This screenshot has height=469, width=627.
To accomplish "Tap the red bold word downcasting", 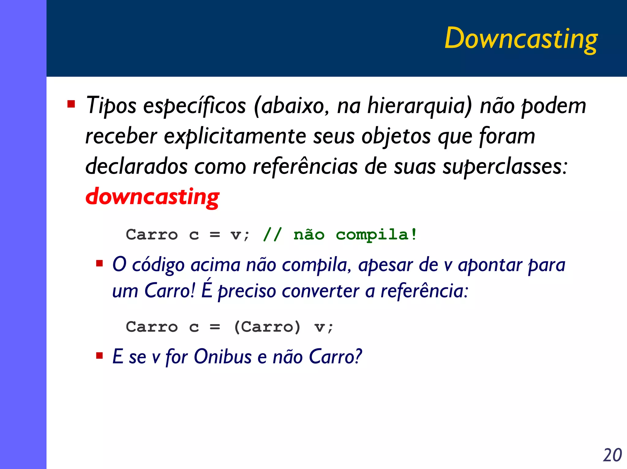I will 152,197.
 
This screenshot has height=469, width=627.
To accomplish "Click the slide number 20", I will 612,455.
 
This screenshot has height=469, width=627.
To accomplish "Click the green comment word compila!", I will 376,235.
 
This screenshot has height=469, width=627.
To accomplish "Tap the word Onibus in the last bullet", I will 223,357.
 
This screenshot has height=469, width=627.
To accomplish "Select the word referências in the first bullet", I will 305,167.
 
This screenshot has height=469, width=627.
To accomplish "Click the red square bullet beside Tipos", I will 71,104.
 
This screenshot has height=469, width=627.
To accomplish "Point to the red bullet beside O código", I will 99,263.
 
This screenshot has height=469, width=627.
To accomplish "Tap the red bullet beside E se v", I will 99,356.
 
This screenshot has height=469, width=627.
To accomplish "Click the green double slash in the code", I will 272,235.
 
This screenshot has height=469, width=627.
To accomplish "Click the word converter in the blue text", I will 320,291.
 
